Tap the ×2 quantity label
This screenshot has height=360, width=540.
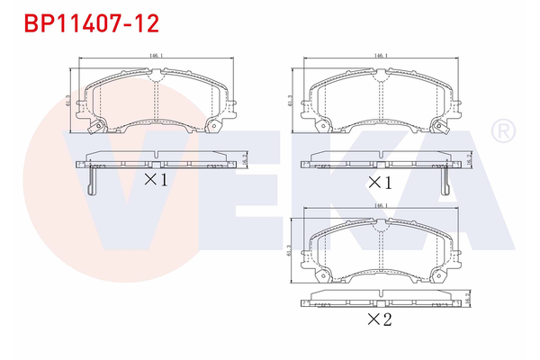click(379, 321)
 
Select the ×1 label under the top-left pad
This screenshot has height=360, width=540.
click(157, 180)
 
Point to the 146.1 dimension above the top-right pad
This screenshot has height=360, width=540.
click(380, 57)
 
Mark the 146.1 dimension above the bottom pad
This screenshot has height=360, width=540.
click(379, 205)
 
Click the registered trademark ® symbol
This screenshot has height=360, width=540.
click(501, 132)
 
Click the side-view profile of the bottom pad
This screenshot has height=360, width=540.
click(379, 300)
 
